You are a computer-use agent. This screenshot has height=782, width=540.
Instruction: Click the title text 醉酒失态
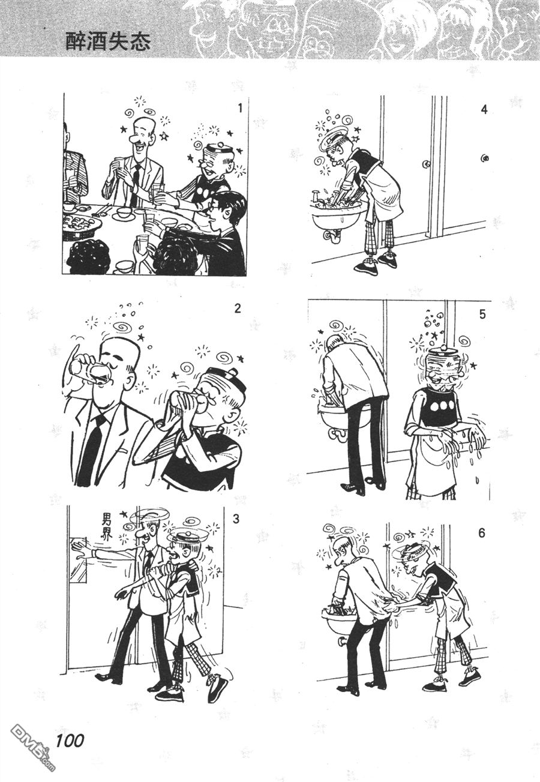108,42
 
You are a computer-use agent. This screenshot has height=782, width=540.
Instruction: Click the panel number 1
239,108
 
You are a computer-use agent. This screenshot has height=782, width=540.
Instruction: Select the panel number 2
238,308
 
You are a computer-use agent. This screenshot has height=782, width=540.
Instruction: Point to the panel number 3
236,519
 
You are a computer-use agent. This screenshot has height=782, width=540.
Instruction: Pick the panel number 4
484,110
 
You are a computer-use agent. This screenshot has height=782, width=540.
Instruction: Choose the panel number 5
482,314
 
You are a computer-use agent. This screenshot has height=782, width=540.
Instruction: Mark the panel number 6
482,534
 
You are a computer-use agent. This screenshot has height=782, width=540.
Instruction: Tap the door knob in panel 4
425,163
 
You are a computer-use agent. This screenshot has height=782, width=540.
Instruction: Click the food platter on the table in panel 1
80,223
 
